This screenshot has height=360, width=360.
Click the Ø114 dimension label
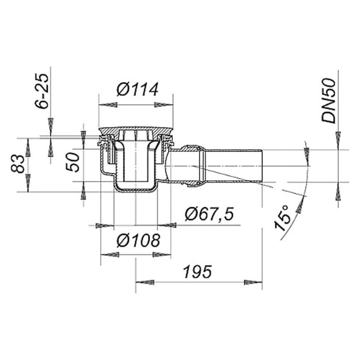[x=137, y=89]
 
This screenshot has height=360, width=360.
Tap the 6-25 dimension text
[x=42, y=91]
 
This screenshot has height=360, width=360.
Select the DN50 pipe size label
[x=329, y=101]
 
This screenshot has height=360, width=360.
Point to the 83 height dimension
[x=17, y=164]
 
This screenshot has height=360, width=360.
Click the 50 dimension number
[x=73, y=163]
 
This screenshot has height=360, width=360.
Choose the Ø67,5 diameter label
[x=209, y=214]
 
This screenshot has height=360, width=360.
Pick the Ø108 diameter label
[x=138, y=241]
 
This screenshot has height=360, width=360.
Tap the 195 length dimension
[x=197, y=272]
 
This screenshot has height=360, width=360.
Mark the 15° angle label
[x=282, y=218]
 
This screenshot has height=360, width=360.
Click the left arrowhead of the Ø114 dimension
[x=107, y=105]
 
